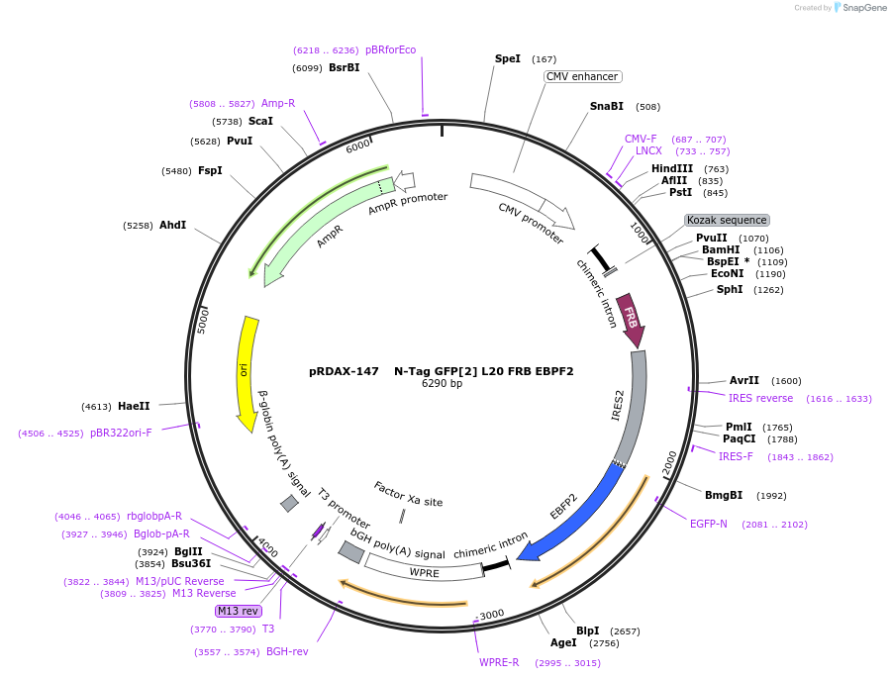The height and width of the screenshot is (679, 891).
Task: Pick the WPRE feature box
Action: [x=424, y=572]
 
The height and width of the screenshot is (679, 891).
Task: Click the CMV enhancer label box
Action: [x=582, y=76]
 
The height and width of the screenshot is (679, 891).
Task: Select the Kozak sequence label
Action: [x=727, y=220]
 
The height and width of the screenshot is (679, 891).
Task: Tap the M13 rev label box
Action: [x=238, y=611]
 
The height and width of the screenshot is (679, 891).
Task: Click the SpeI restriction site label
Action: [x=508, y=58]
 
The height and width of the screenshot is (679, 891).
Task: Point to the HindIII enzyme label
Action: [x=672, y=168]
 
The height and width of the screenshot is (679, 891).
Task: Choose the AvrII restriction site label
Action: [x=744, y=380]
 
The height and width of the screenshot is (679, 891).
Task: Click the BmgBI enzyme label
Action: [x=724, y=495]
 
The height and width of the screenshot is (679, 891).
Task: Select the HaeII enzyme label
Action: [x=134, y=406]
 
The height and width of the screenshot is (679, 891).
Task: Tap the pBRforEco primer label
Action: [x=390, y=49]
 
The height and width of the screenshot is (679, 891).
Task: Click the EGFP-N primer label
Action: [x=709, y=524]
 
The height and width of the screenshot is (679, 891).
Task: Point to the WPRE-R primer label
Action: [x=499, y=662]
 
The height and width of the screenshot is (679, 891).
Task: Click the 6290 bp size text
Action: [x=442, y=383]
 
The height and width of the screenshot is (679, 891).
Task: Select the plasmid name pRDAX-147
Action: [x=344, y=371]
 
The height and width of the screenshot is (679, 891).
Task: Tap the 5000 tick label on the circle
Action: [x=205, y=320]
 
